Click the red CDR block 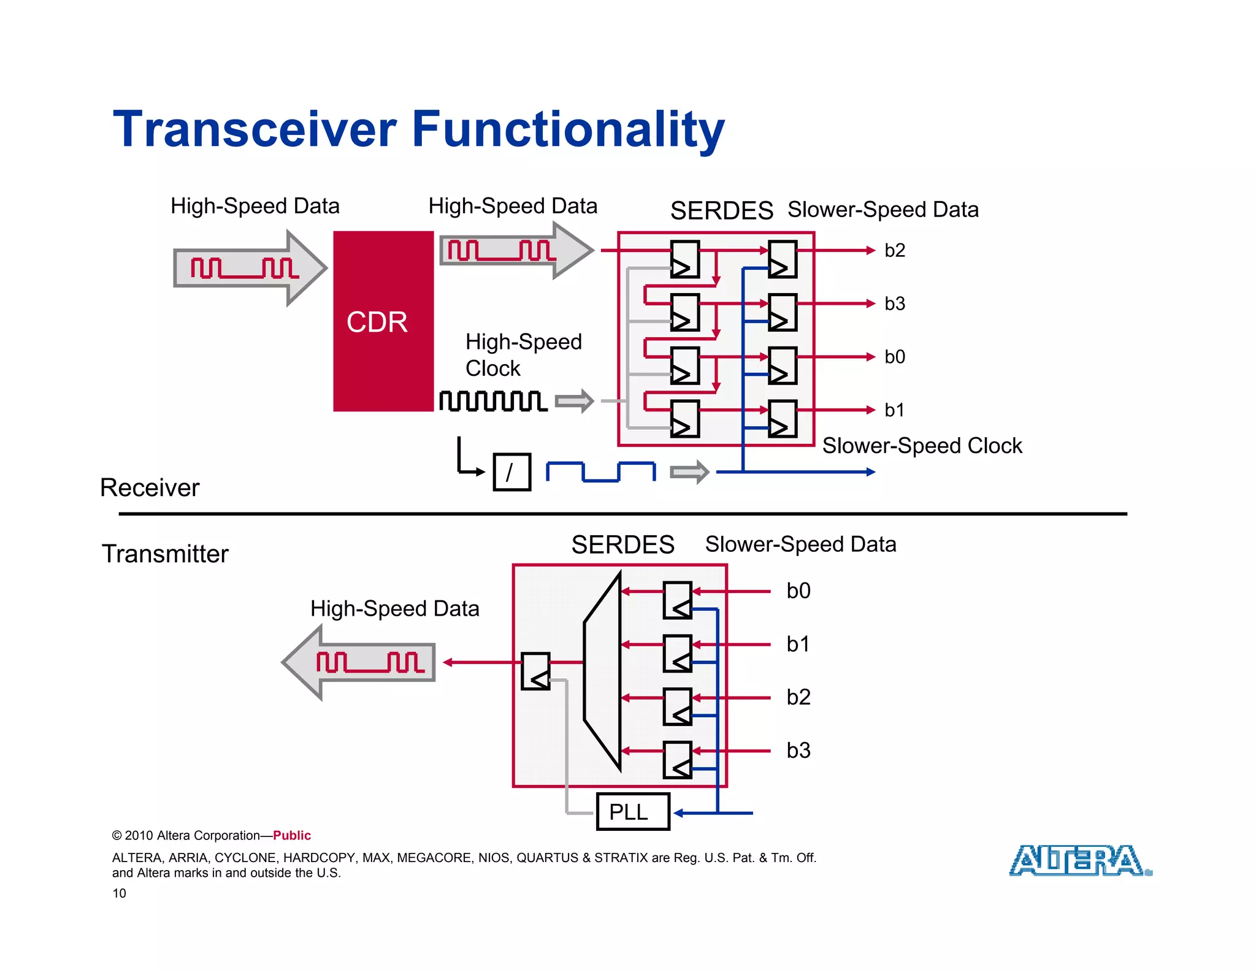pos(383,321)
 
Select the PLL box pos(633,812)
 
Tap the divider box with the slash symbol pos(511,472)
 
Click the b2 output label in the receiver pos(894,250)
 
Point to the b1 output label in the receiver pos(894,410)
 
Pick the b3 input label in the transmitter pos(798,750)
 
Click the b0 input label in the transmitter pos(798,590)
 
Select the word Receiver pos(150,487)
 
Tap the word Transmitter pos(165,554)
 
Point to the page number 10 pos(119,893)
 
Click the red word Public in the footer pos(292,835)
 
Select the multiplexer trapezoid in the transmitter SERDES pos(602,671)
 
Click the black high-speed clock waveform pos(493,401)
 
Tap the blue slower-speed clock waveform pos(600,472)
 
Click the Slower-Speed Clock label pos(922,446)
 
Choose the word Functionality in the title pos(568,129)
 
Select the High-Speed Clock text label pos(523,354)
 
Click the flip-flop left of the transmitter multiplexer pos(535,671)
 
